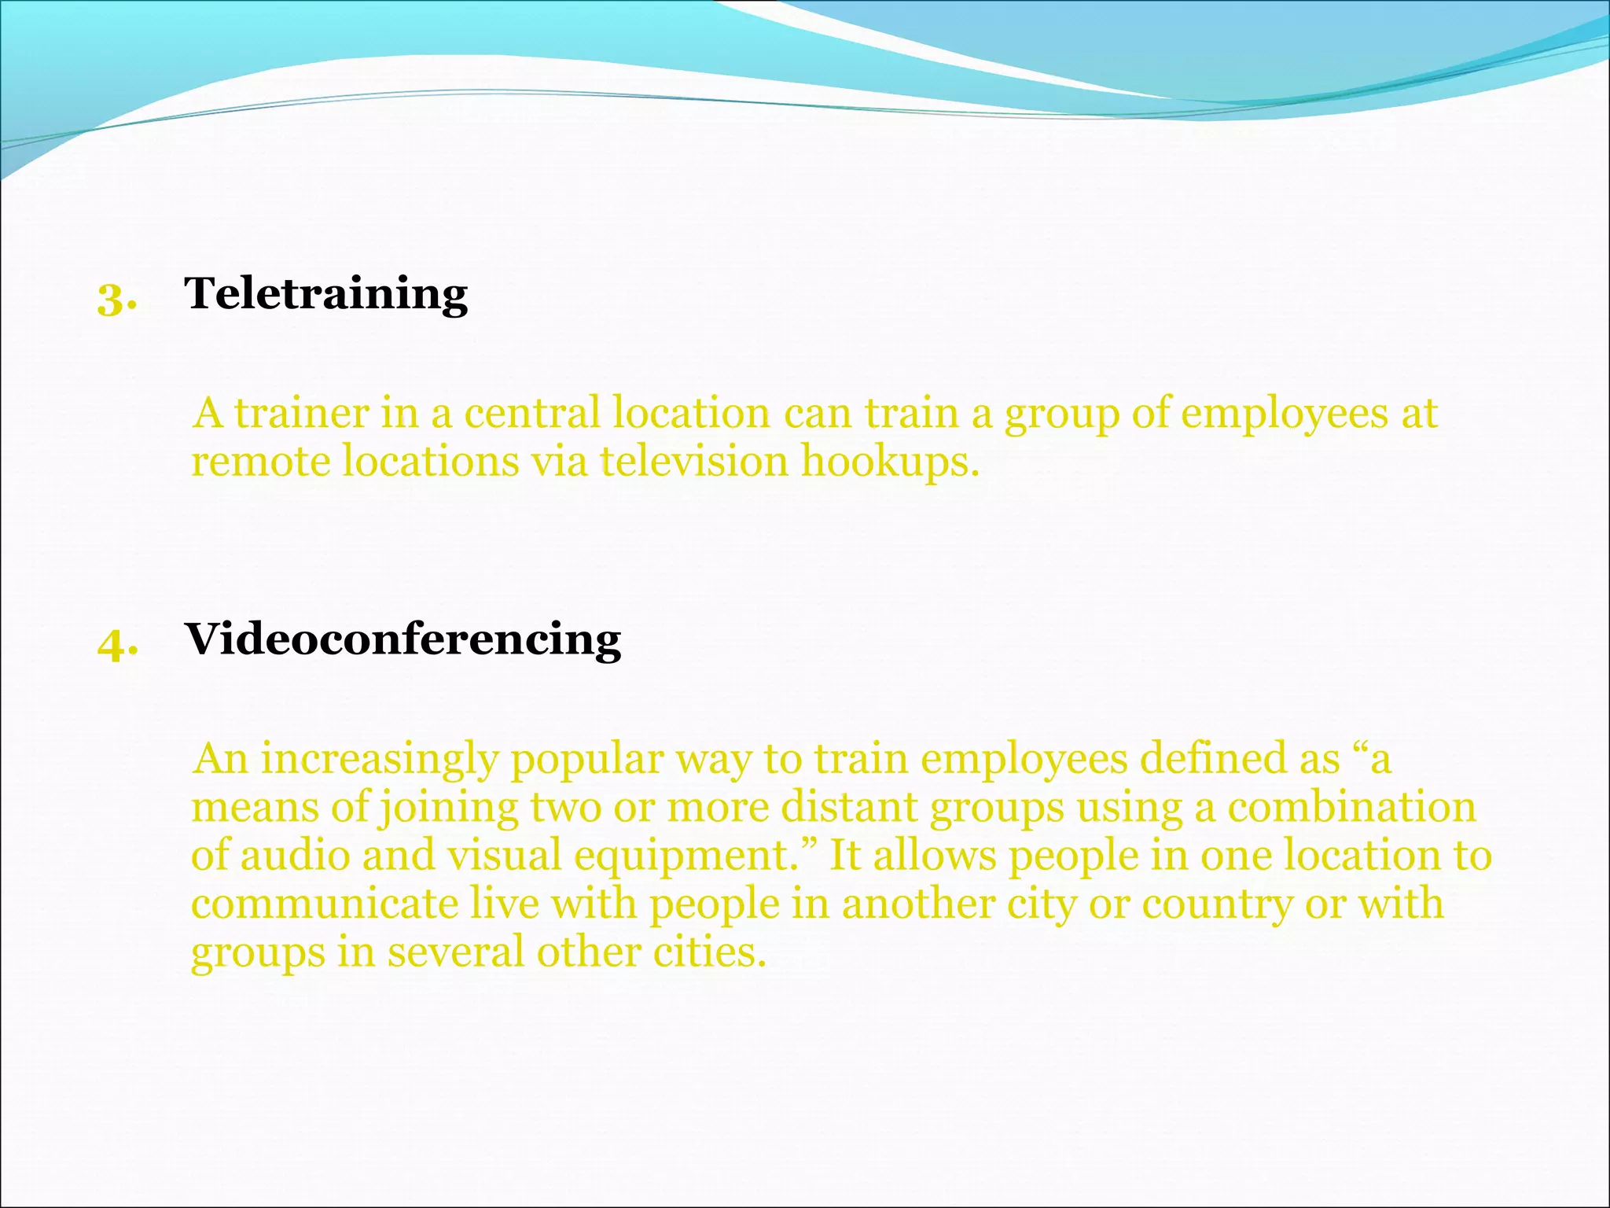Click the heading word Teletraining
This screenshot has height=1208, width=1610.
click(325, 294)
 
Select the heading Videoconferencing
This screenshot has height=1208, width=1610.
click(402, 639)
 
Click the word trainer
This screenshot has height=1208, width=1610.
click(301, 413)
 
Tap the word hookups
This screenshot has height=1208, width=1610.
click(890, 462)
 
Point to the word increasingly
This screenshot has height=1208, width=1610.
click(380, 760)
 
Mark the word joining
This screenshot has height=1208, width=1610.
click(449, 808)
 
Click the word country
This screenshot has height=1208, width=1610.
click(1217, 904)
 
